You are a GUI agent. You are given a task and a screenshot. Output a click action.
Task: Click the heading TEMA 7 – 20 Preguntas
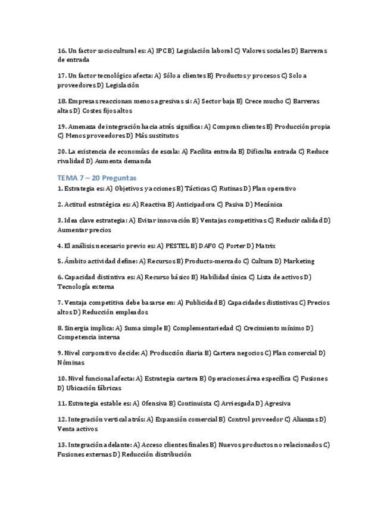click(x=96, y=177)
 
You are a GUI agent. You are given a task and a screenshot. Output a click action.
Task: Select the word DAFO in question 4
click(x=205, y=245)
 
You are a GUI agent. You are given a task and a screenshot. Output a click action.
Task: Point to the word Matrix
click(x=265, y=245)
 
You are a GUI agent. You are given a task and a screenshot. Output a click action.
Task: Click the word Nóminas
click(x=70, y=362)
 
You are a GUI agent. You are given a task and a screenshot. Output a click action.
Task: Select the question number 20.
click(x=61, y=151)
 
